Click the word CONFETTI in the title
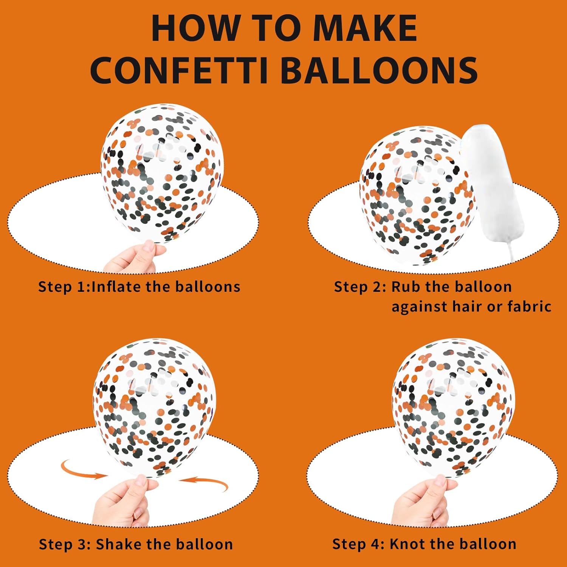[x=179, y=70]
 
